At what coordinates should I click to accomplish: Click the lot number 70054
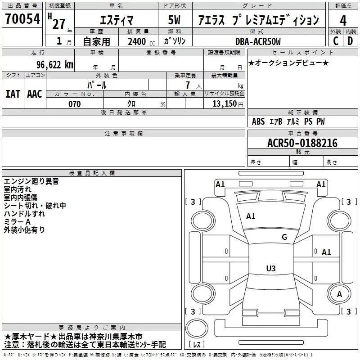[22, 18]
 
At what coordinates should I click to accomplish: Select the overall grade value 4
[343, 20]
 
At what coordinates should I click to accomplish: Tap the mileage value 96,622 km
[55, 65]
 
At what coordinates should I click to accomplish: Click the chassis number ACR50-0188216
[302, 143]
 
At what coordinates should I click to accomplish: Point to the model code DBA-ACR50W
[258, 41]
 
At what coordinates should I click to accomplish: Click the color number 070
[75, 104]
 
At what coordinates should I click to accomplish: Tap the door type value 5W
[174, 20]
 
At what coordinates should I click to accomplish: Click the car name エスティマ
[117, 20]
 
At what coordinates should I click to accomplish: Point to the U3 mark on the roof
[271, 268]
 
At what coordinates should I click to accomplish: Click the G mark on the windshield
[284, 237]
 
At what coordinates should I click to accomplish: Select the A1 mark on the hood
[251, 216]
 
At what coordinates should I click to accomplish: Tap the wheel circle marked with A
[339, 294]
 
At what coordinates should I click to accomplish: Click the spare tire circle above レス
[197, 328]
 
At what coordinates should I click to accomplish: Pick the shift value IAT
[13, 94]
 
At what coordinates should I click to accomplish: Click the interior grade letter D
[350, 41]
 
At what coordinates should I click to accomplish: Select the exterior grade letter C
[336, 41]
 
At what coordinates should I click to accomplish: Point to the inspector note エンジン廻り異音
[31, 181]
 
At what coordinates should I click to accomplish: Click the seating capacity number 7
[188, 85]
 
